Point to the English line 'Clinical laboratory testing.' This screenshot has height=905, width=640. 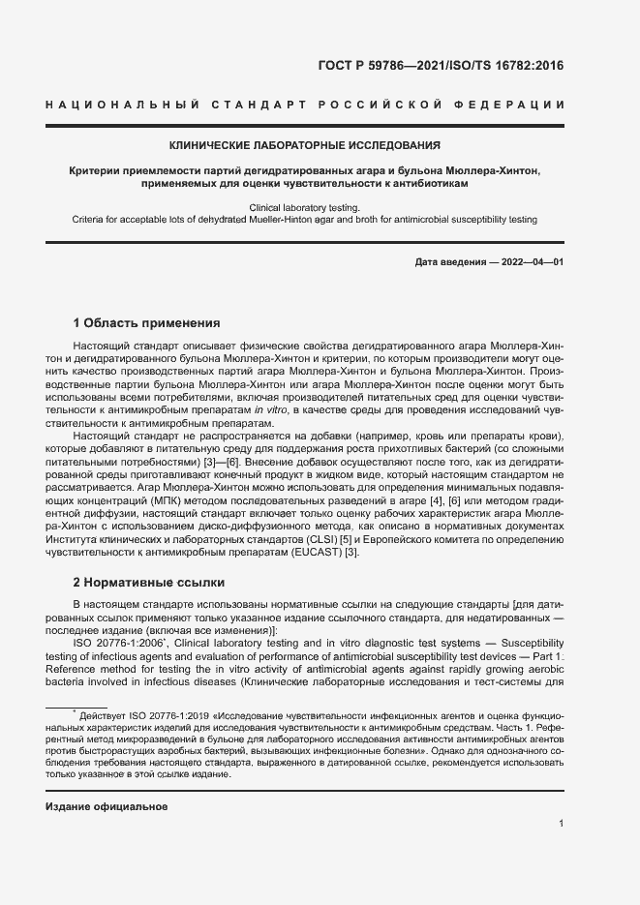tap(305, 207)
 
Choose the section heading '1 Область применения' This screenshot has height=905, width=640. tap(146, 322)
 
